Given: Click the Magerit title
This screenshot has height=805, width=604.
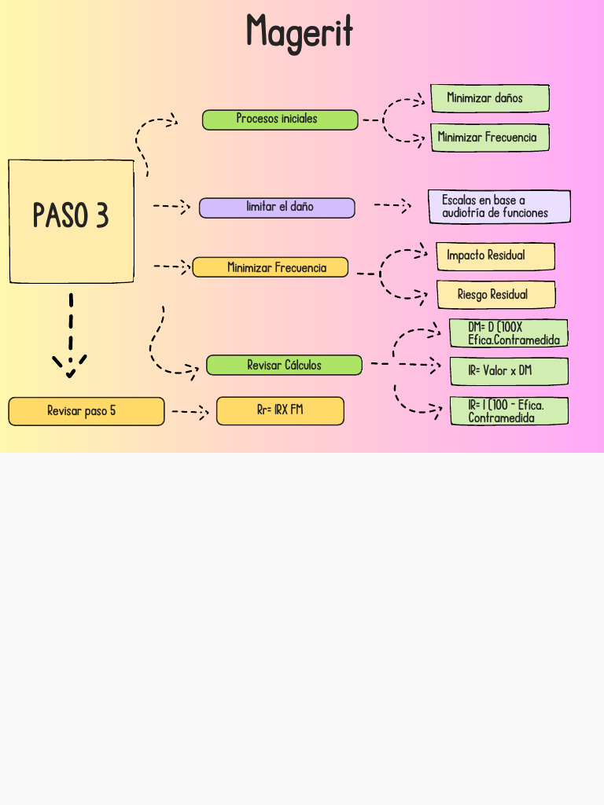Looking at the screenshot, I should click(300, 33).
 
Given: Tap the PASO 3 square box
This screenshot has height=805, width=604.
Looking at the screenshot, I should click(71, 221).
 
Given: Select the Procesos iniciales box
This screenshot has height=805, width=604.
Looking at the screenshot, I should click(280, 119).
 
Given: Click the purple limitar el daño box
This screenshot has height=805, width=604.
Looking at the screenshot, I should click(277, 208).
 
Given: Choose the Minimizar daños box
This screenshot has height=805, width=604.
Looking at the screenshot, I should click(489, 98).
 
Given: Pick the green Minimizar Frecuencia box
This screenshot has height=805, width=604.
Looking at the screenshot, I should click(489, 138).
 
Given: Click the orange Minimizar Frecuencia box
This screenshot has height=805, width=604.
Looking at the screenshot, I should click(271, 267).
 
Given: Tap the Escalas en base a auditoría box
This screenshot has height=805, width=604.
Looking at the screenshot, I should click(499, 207).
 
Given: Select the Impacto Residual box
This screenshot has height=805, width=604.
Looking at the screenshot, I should click(495, 256).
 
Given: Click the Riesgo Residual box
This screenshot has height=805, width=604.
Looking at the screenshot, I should click(495, 295).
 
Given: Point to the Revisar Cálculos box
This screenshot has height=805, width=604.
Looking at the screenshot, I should click(284, 365).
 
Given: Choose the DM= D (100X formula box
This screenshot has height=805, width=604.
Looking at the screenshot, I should click(508, 333).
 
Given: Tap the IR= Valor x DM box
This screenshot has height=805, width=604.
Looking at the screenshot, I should click(508, 371).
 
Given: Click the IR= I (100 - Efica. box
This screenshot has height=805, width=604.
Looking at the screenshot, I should click(508, 411).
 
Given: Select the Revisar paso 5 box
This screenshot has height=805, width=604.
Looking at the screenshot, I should click(87, 411).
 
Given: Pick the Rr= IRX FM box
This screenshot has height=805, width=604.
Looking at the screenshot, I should click(280, 411).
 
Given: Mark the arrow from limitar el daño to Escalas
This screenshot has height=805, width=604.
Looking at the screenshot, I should click(392, 206).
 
